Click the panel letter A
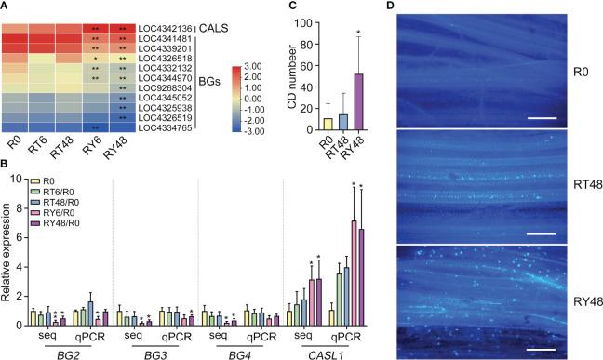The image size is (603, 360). point(7,7)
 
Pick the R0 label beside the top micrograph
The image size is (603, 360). point(577,70)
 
